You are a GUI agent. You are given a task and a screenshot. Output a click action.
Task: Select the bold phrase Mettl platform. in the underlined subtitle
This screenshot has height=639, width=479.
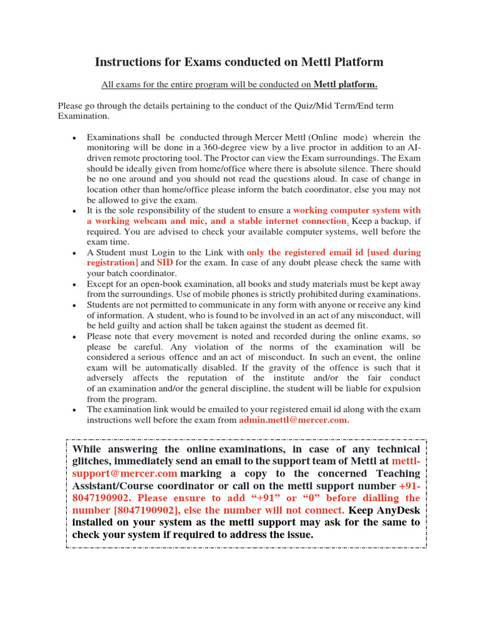345,84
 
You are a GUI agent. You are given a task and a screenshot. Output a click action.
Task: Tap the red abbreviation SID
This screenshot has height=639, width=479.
165,263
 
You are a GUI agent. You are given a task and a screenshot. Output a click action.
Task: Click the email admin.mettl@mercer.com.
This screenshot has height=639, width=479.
294,420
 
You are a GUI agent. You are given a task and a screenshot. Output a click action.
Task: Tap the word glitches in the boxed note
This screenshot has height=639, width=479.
92,461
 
